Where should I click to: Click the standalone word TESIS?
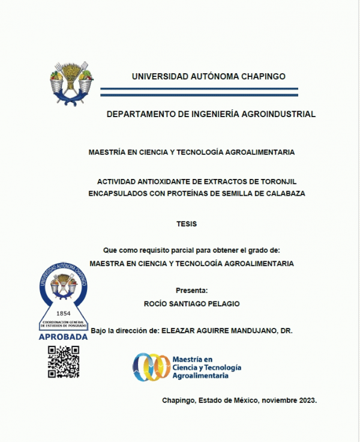point(187,224)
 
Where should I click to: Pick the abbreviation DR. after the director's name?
point(286,331)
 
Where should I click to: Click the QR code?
point(64,362)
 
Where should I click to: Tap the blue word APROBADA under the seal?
point(63,337)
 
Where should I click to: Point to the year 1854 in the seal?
point(63,313)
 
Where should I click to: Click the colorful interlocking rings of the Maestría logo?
point(151,366)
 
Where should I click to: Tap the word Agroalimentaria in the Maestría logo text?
point(200,375)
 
